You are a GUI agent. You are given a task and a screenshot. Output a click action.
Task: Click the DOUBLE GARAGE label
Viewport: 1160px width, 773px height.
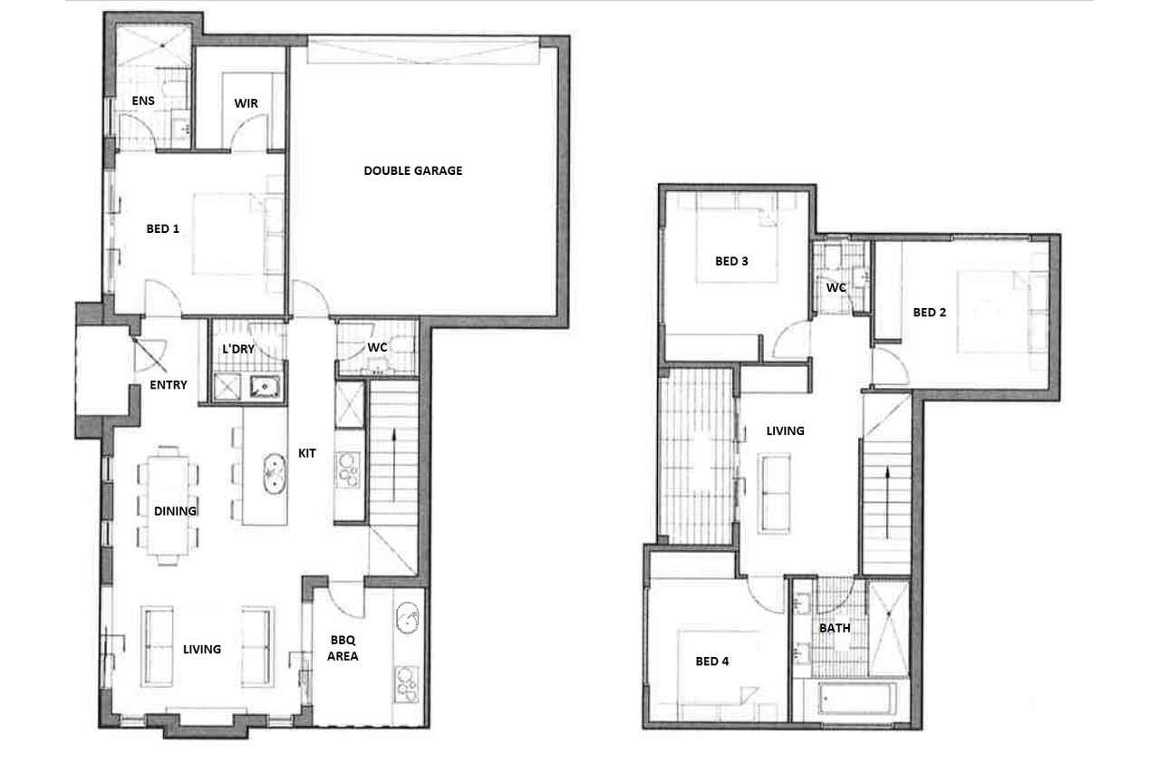412,170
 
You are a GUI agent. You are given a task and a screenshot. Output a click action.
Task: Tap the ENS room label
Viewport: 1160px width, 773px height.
143,101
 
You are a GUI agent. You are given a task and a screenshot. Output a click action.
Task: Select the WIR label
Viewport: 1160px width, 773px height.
246,103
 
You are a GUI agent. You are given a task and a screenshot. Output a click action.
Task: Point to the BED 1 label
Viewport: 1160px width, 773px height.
162,228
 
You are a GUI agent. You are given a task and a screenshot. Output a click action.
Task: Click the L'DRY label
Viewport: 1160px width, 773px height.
238,349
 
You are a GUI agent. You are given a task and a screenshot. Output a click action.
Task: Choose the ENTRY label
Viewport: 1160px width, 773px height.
169,385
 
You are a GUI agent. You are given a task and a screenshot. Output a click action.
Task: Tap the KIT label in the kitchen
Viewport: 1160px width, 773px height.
306,453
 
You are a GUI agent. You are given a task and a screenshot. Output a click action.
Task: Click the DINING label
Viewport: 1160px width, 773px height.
175,511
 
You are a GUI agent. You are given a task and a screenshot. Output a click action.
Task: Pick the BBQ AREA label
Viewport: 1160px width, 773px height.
343,648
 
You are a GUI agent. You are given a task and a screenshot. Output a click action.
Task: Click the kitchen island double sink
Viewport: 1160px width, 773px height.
274,474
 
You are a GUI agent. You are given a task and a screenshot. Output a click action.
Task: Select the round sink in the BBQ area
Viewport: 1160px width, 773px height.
408,618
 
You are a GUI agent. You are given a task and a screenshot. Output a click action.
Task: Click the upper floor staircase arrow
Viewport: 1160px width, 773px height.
887,502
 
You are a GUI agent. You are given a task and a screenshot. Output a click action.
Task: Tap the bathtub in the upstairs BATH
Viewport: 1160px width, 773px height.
857,699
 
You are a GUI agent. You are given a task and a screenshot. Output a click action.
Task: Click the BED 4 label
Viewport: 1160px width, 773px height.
712,662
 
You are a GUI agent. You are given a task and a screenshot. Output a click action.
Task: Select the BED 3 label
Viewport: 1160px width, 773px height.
731,261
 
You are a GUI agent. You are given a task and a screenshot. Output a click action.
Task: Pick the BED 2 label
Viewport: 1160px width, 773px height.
929,313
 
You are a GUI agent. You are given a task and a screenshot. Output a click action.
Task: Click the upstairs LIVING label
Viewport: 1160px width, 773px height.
785,430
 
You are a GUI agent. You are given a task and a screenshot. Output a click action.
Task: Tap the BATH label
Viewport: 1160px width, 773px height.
835,628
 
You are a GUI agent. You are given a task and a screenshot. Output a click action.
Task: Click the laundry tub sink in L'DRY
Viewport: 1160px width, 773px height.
266,386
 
